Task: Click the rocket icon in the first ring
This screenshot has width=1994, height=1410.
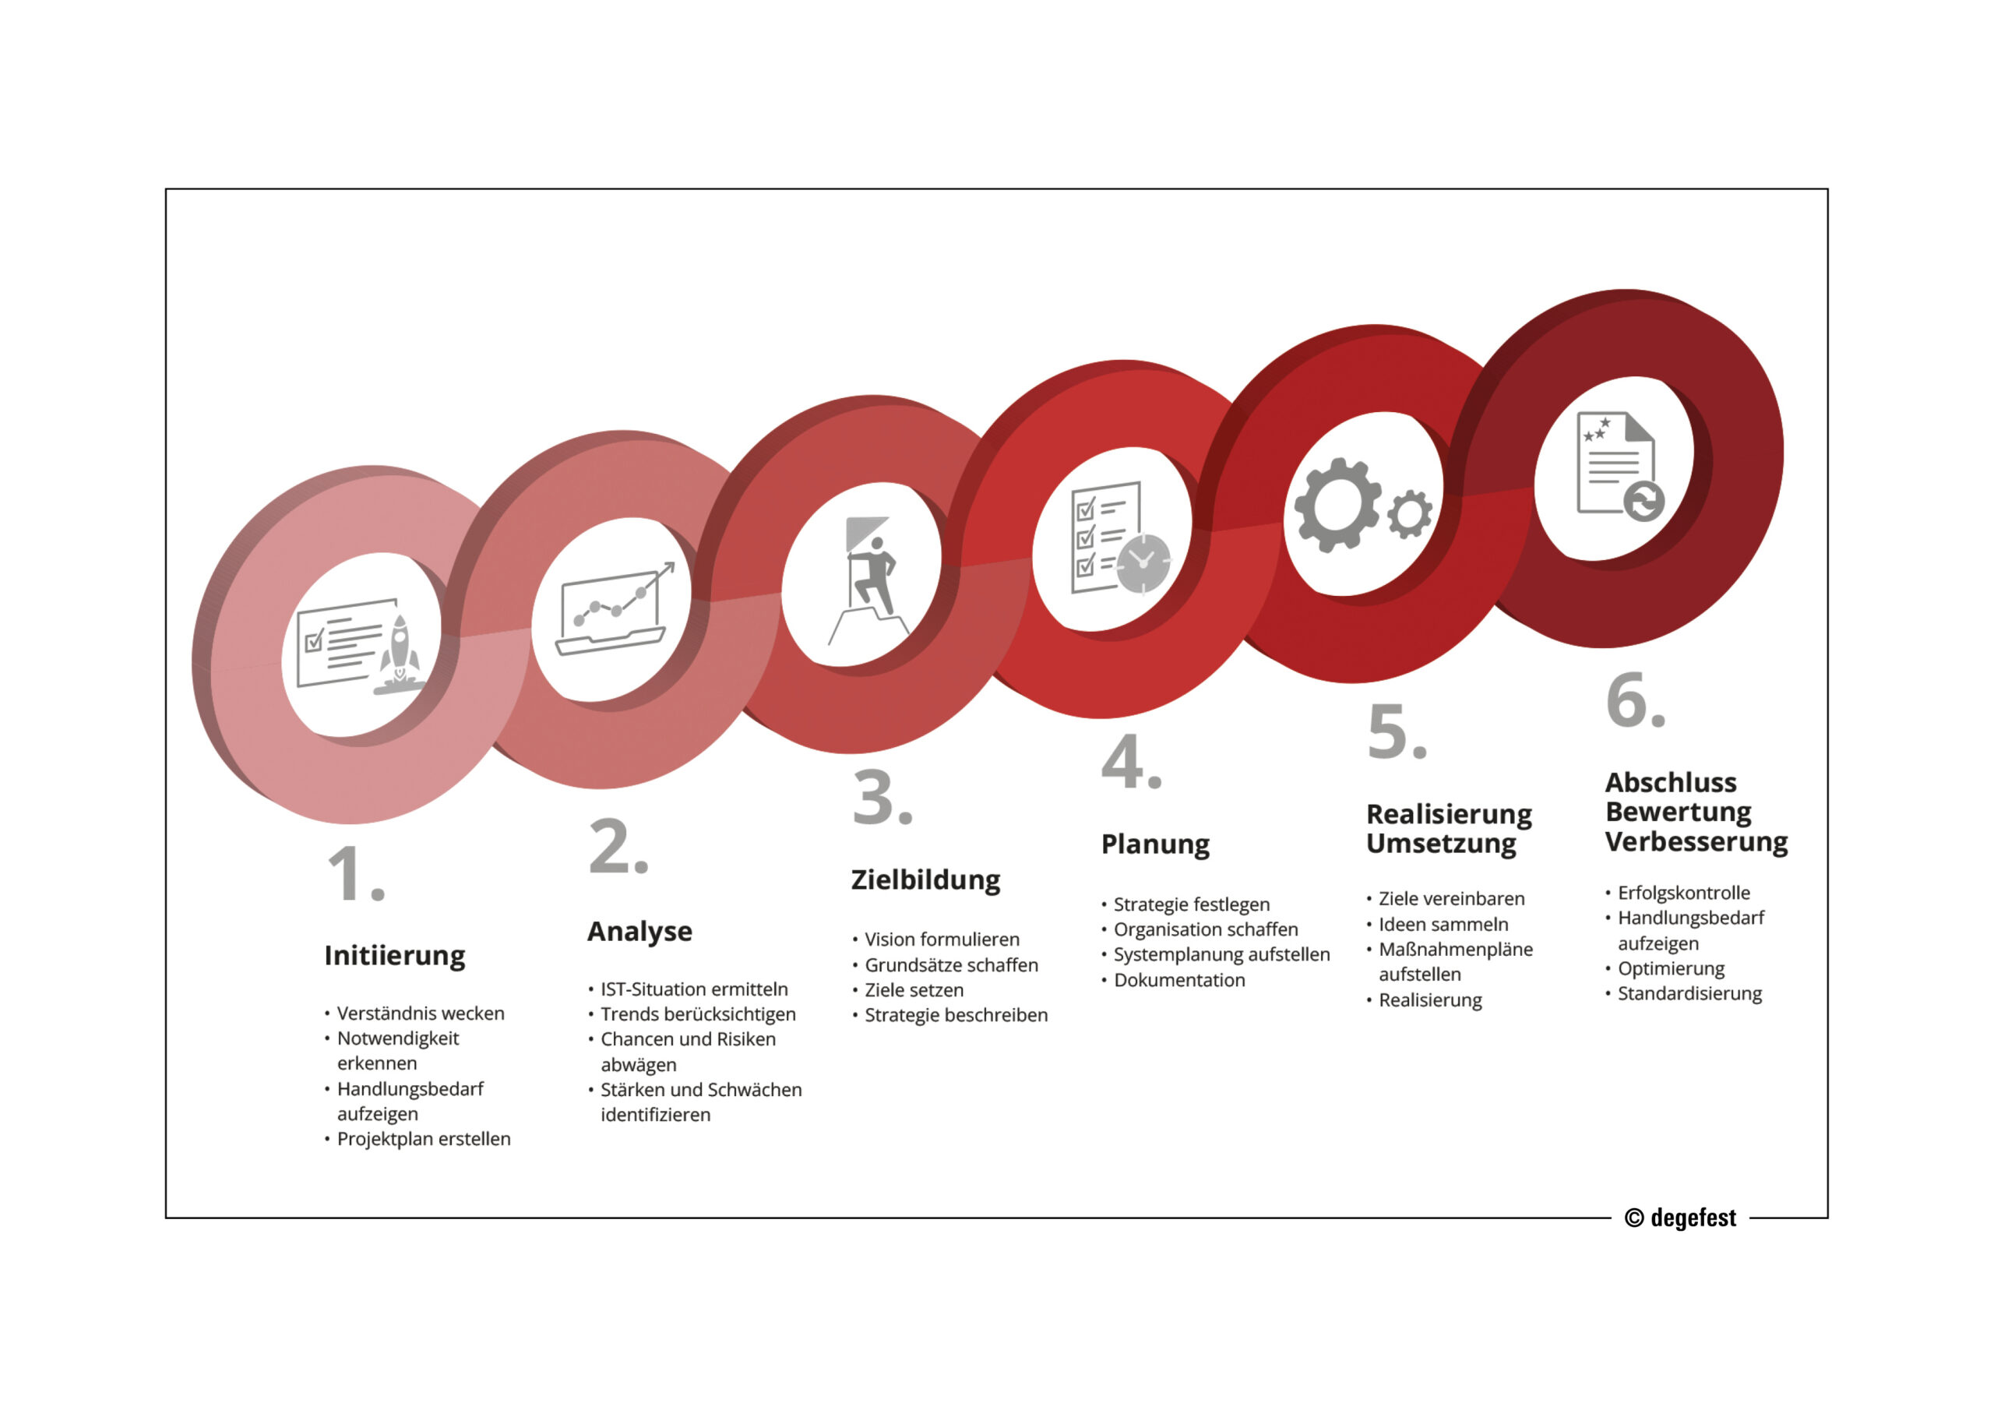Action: tap(400, 654)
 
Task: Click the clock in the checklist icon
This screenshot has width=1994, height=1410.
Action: tap(1143, 564)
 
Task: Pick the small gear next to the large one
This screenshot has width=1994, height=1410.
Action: tap(1410, 513)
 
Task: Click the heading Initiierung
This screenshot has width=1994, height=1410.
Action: tap(394, 956)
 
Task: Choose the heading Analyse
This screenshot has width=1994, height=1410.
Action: tap(639, 932)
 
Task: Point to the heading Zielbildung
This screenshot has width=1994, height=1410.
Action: tap(925, 880)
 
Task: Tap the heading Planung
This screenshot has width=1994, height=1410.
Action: tap(1155, 844)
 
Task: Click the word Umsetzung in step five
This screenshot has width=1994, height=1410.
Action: tap(1441, 844)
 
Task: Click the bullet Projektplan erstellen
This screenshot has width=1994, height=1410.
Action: tap(423, 1139)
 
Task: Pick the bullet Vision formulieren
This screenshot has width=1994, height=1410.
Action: tap(942, 939)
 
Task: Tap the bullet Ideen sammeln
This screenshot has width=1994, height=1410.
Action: tap(1443, 925)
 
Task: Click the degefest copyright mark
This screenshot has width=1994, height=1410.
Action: tap(1679, 1218)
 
